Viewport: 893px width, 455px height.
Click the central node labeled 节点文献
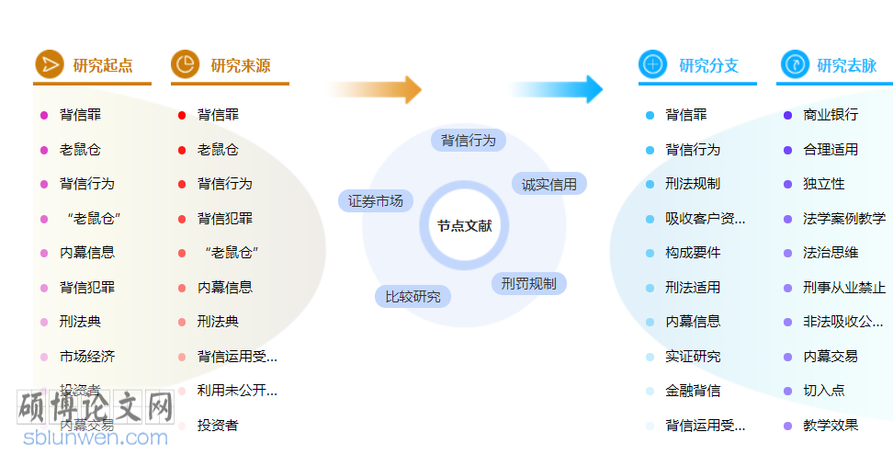point(464,226)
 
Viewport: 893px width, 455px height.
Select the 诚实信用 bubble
point(548,184)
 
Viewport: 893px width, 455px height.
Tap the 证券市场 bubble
point(376,200)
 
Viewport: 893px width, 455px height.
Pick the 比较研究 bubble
point(413,296)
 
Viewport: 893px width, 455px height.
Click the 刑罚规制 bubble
point(528,283)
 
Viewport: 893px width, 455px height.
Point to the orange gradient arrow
point(376,89)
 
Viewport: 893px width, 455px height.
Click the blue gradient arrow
point(555,89)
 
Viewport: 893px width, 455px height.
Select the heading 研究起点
point(103,65)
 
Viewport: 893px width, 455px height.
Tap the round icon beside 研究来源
point(186,64)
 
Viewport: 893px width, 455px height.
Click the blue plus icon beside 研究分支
point(653,64)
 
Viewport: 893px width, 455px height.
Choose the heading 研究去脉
point(846,65)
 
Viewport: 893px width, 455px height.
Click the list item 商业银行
point(831,115)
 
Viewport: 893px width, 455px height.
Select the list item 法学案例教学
point(844,219)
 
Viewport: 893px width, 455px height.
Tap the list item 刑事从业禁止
point(844,288)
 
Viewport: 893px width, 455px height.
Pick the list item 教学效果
point(831,426)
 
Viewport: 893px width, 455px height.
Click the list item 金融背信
point(693,391)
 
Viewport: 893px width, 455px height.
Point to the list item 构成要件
point(693,253)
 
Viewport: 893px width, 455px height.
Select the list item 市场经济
point(87,357)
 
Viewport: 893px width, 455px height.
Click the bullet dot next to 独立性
point(787,184)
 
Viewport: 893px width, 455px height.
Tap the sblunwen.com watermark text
point(96,438)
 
